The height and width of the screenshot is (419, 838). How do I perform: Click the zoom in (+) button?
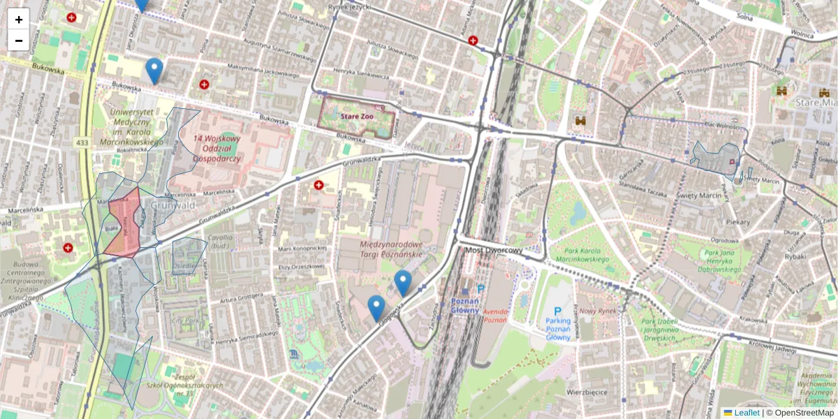coord(19,20)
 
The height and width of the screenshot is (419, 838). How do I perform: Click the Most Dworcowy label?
coord(494,251)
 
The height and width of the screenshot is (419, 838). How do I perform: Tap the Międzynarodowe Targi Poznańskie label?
coord(391,249)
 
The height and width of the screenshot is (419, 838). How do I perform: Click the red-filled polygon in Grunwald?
coord(123,227)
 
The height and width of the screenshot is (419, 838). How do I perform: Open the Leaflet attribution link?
coord(745,413)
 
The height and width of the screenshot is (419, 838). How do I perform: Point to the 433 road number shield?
coord(82,142)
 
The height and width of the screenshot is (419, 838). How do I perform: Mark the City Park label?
coord(186,322)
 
